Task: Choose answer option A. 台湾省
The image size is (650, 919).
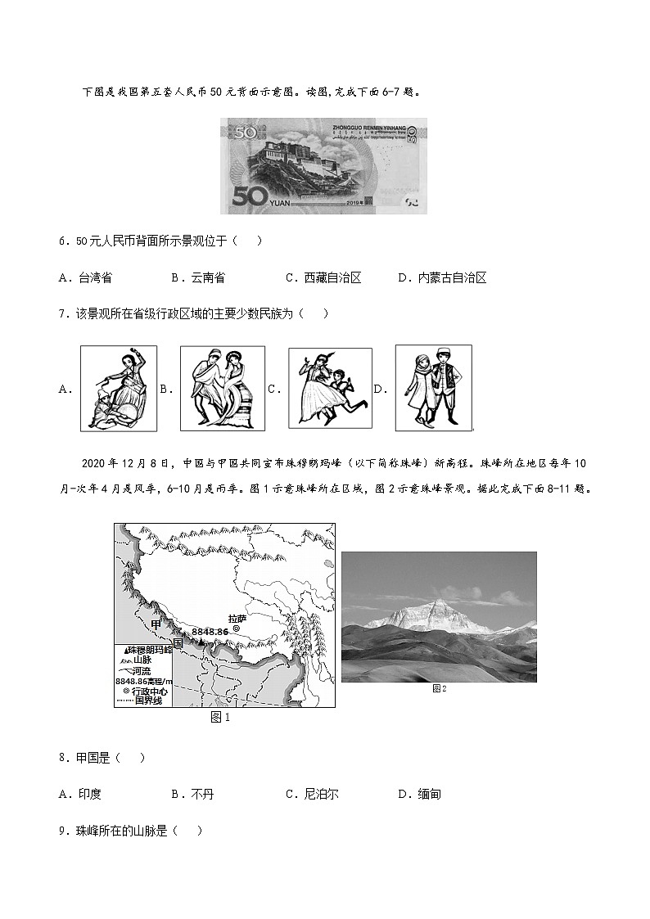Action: coord(85,278)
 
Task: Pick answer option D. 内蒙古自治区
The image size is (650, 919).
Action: coord(442,278)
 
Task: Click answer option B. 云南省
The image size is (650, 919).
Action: coord(197,278)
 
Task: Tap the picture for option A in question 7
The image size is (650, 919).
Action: coord(118,389)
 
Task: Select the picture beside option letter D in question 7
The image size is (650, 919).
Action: coord(433,388)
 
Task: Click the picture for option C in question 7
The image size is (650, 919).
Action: coord(329,389)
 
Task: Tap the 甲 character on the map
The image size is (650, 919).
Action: coord(157,625)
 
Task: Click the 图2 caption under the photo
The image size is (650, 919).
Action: coord(439,689)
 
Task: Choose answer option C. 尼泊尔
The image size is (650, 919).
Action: coord(311,794)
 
